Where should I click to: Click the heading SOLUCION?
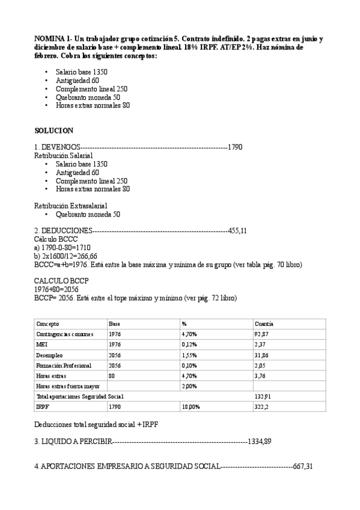pyautogui.click(x=53, y=130)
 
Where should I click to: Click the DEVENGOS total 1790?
pyautogui.click(x=235, y=147)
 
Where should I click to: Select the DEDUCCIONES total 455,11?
pyautogui.click(x=238, y=230)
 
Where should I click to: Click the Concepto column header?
pyautogui.click(x=47, y=323)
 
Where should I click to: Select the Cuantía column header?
pyautogui.click(x=264, y=323)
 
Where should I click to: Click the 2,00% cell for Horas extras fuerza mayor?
pyautogui.click(x=189, y=386)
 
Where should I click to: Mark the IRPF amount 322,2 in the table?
pyautogui.click(x=262, y=407)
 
